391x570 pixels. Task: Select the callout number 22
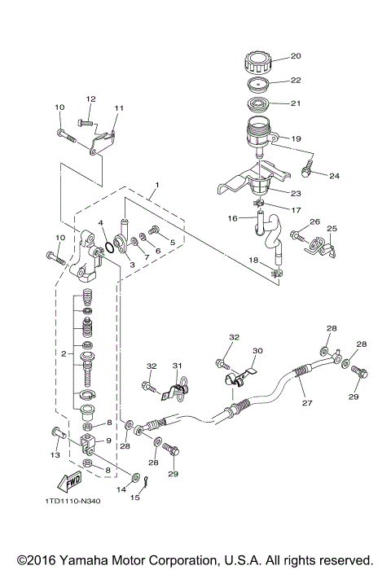[296, 80]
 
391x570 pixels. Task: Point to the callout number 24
[333, 175]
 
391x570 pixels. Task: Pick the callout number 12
[90, 99]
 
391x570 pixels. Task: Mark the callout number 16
[231, 218]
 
